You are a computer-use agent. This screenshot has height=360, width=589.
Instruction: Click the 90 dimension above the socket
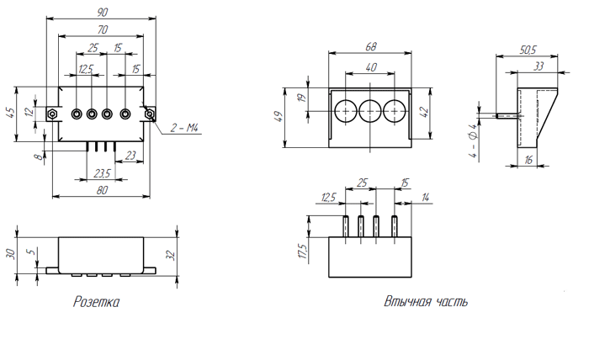tap(102, 12)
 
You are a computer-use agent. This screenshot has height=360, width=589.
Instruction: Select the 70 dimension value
tap(102, 30)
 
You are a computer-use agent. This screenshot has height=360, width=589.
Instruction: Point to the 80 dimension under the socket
tap(102, 191)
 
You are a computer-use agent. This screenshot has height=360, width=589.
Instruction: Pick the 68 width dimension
tap(370, 46)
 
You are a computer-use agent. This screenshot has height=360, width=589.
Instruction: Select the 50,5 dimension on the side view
tap(529, 50)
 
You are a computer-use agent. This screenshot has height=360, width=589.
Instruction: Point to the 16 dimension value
tap(529, 159)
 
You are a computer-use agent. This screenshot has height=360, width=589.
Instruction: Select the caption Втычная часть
tap(425, 300)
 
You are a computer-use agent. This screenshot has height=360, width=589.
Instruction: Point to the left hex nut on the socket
tap(52, 114)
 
